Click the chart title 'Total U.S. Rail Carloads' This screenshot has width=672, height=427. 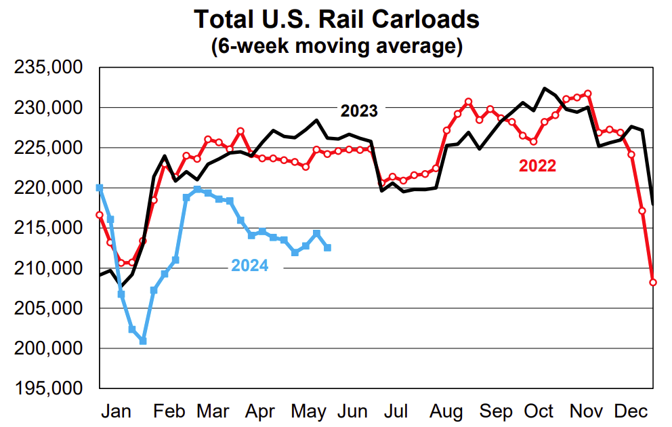point(336,19)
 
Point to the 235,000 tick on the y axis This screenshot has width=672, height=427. point(53,68)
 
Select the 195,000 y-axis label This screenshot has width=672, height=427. point(53,389)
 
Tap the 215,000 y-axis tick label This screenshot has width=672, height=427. point(53,228)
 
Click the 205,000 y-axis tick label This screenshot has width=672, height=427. point(53,309)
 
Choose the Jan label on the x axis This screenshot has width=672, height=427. point(119,411)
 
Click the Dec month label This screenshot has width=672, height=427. point(631,411)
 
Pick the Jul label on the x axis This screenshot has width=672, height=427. point(396,411)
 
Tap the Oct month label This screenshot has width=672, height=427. point(539,411)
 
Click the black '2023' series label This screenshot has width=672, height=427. point(359,110)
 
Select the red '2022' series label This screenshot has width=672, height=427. point(537,166)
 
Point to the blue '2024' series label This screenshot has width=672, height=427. point(250,266)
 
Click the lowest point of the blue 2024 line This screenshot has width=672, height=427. point(143,341)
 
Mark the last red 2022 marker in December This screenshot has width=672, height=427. point(653,283)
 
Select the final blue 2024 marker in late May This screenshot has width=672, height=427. point(328,248)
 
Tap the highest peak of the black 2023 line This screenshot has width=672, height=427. point(544,88)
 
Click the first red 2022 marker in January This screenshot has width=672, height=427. point(100,215)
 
